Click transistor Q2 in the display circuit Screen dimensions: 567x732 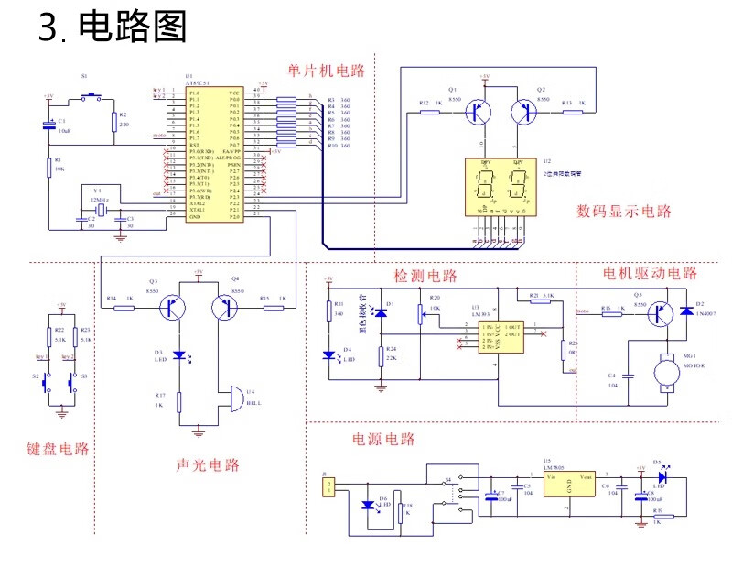pos(525,112)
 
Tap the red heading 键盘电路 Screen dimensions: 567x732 pos(58,449)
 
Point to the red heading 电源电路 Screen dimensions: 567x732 pos(383,439)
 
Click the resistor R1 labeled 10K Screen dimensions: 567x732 pos(48,167)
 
